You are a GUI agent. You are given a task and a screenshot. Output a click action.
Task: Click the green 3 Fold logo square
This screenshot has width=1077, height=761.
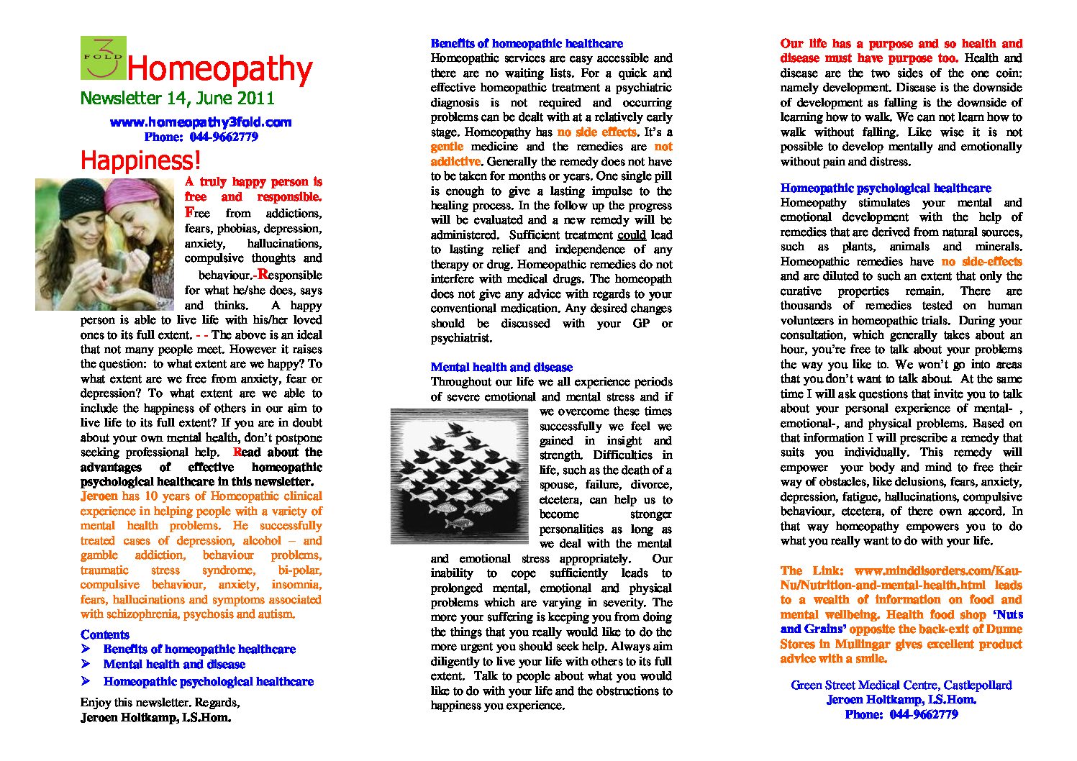click(103, 58)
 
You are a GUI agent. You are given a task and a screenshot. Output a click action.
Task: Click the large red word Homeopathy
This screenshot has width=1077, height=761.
click(219, 69)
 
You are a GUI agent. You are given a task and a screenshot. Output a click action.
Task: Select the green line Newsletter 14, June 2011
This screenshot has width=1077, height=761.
click(177, 99)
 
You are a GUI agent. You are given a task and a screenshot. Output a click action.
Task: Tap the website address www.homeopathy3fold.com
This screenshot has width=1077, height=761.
click(201, 122)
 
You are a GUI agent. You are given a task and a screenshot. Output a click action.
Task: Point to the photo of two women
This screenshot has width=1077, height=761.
click(105, 244)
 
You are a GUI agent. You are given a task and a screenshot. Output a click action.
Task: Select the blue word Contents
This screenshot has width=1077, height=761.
click(105, 634)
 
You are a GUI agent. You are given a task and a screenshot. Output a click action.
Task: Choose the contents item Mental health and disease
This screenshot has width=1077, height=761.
click(174, 665)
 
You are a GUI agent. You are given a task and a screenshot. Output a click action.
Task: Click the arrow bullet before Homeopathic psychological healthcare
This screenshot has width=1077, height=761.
click(86, 680)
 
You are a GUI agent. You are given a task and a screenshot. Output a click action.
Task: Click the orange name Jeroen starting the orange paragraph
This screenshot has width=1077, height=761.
click(99, 496)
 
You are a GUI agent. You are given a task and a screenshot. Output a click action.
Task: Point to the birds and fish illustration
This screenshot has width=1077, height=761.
click(460, 475)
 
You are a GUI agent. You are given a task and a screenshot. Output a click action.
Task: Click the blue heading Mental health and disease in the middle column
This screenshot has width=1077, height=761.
click(501, 367)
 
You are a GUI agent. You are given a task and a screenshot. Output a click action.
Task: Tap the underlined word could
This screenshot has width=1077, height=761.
click(631, 234)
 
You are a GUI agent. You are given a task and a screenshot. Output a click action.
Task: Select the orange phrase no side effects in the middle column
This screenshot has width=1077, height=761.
click(596, 132)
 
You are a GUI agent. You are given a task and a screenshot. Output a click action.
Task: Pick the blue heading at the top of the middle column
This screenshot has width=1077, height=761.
click(527, 43)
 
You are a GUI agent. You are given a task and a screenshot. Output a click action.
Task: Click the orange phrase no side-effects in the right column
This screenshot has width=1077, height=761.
click(981, 262)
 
